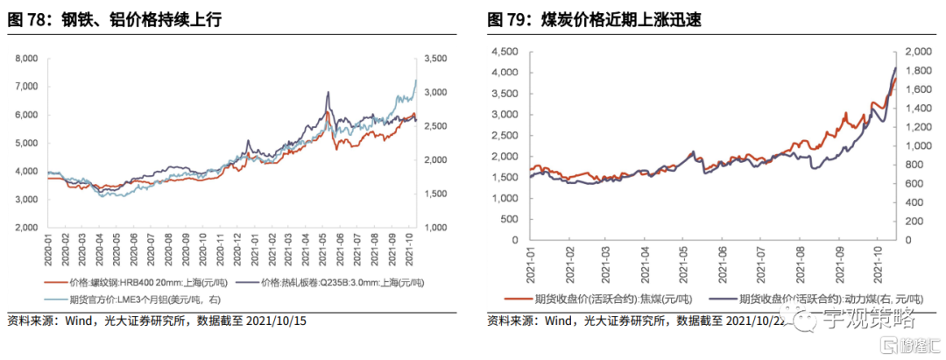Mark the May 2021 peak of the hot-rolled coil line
click(328, 92)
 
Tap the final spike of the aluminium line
click(415, 80)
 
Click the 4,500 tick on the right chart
click(508, 52)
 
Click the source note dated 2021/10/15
click(158, 321)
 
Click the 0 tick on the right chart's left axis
click(517, 239)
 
